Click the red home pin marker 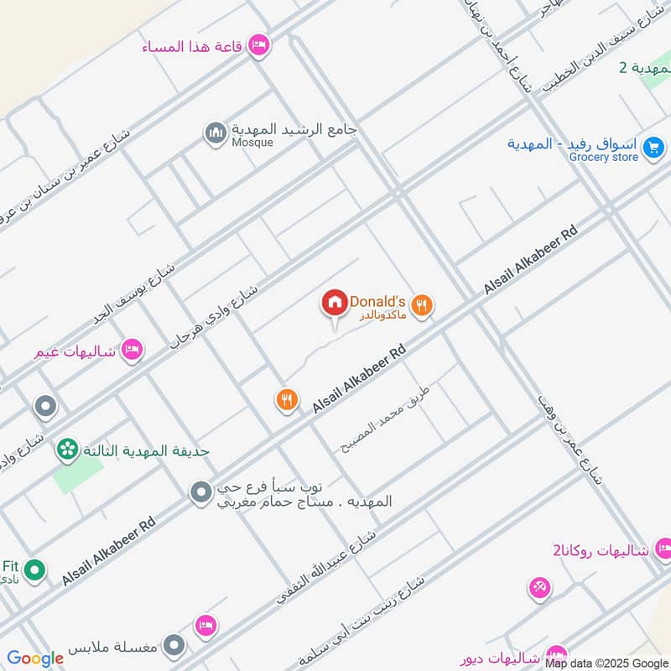tap(335, 304)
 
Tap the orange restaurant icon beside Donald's tap(423, 307)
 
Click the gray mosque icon tap(216, 133)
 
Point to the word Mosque tap(252, 143)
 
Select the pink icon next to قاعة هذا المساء tap(259, 45)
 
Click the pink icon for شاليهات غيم tap(131, 349)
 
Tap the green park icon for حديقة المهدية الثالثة tap(67, 450)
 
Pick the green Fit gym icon tap(34, 571)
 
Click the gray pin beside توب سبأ tap(200, 493)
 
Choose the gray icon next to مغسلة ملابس tap(174, 646)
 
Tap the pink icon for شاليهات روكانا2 tap(663, 550)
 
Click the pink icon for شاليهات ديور tap(555, 655)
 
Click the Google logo tap(35, 658)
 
